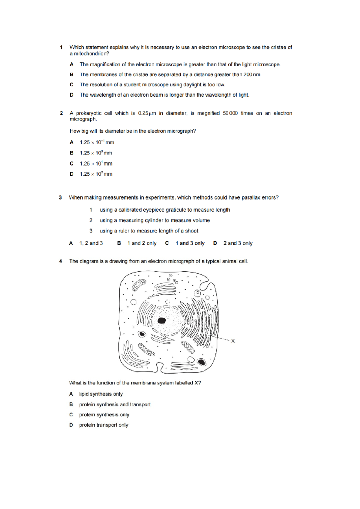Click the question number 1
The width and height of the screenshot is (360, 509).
[x=61, y=47]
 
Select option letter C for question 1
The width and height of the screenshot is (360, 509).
[x=71, y=85]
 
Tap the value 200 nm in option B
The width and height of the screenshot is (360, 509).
[x=252, y=75]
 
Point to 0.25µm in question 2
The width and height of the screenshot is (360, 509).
[x=147, y=113]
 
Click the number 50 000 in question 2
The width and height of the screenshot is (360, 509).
[x=230, y=113]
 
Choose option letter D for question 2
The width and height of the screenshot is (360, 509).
[x=71, y=174]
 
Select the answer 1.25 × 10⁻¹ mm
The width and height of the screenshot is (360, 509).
[x=97, y=143]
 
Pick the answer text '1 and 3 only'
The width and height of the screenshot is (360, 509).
[x=190, y=243]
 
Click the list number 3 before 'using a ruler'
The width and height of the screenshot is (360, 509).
[x=91, y=231]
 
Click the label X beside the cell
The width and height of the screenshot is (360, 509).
[x=233, y=341]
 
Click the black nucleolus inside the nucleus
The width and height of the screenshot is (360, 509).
[x=162, y=321]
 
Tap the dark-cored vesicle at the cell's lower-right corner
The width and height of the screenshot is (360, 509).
[x=202, y=362]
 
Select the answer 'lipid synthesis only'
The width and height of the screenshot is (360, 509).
[x=101, y=394]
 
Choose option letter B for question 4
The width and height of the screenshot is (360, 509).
[x=71, y=405]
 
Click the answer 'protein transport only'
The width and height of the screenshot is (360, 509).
[x=103, y=425]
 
